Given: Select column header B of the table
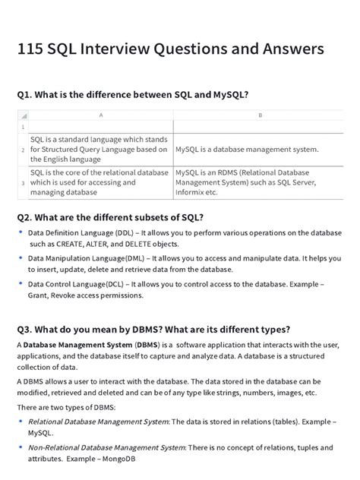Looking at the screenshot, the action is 260,115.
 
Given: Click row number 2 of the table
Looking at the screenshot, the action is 23,150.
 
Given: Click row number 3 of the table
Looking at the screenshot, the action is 23,183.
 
